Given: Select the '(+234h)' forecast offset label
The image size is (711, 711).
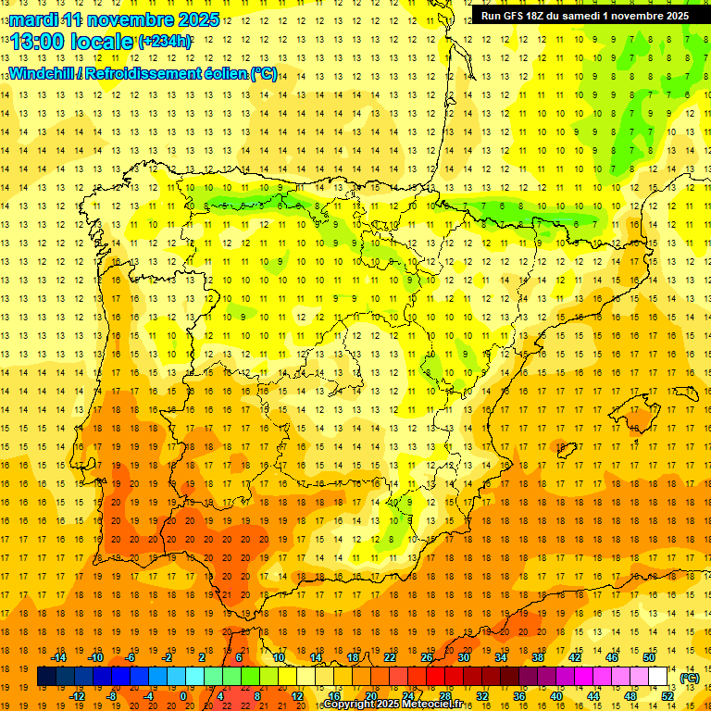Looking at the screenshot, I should [x=165, y=41].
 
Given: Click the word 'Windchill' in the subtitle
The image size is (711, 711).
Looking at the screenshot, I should [x=44, y=74].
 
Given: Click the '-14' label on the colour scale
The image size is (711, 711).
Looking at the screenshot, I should [x=59, y=657].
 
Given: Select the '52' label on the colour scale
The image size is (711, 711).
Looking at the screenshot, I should [x=667, y=696].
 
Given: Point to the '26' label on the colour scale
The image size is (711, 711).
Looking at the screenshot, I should [x=427, y=657].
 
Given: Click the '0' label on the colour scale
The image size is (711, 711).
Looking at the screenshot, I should [x=183, y=696].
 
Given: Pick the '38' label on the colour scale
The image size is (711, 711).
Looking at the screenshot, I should [x=537, y=657].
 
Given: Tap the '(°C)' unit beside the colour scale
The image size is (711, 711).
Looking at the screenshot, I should [x=690, y=678].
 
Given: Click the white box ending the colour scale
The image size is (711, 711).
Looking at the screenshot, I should [x=658, y=677].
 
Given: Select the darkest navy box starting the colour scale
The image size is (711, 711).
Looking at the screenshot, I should [x=46, y=677].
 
